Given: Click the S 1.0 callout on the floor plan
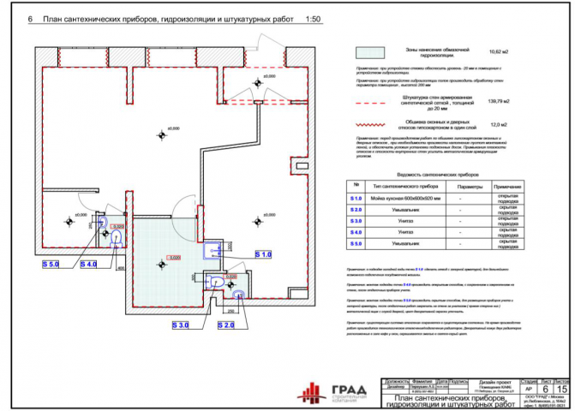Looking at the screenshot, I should click(264, 254).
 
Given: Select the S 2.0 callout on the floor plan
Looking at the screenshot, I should click(227, 325).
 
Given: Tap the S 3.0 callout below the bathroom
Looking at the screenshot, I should click(181, 325).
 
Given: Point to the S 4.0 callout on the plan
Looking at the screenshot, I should click(89, 264).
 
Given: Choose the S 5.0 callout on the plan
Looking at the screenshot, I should click(51, 264).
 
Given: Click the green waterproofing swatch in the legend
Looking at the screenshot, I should click(369, 51).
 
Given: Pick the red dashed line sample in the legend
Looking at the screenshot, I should click(369, 103).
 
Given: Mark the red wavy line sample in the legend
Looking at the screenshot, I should click(369, 126).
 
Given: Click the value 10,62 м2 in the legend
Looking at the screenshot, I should click(498, 52).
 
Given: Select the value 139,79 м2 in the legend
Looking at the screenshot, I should click(498, 102).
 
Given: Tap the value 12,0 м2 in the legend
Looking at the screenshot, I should click(498, 125).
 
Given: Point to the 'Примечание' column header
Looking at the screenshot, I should click(507, 186).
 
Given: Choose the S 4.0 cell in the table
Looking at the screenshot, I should click(356, 232).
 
